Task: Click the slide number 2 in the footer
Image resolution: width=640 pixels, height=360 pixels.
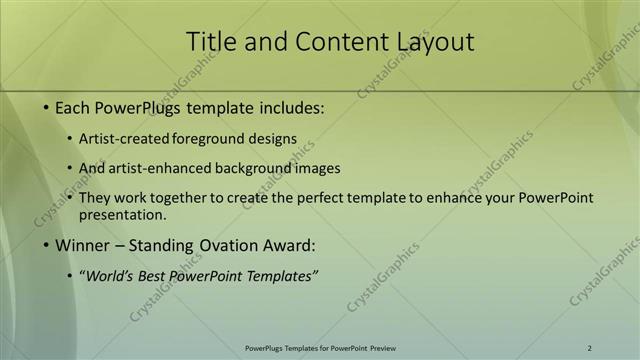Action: tap(589, 348)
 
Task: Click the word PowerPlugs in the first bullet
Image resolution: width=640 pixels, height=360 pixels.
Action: tap(136, 107)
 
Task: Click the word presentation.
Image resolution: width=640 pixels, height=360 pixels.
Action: tap(122, 214)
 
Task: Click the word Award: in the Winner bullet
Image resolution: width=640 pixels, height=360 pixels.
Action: tap(290, 245)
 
